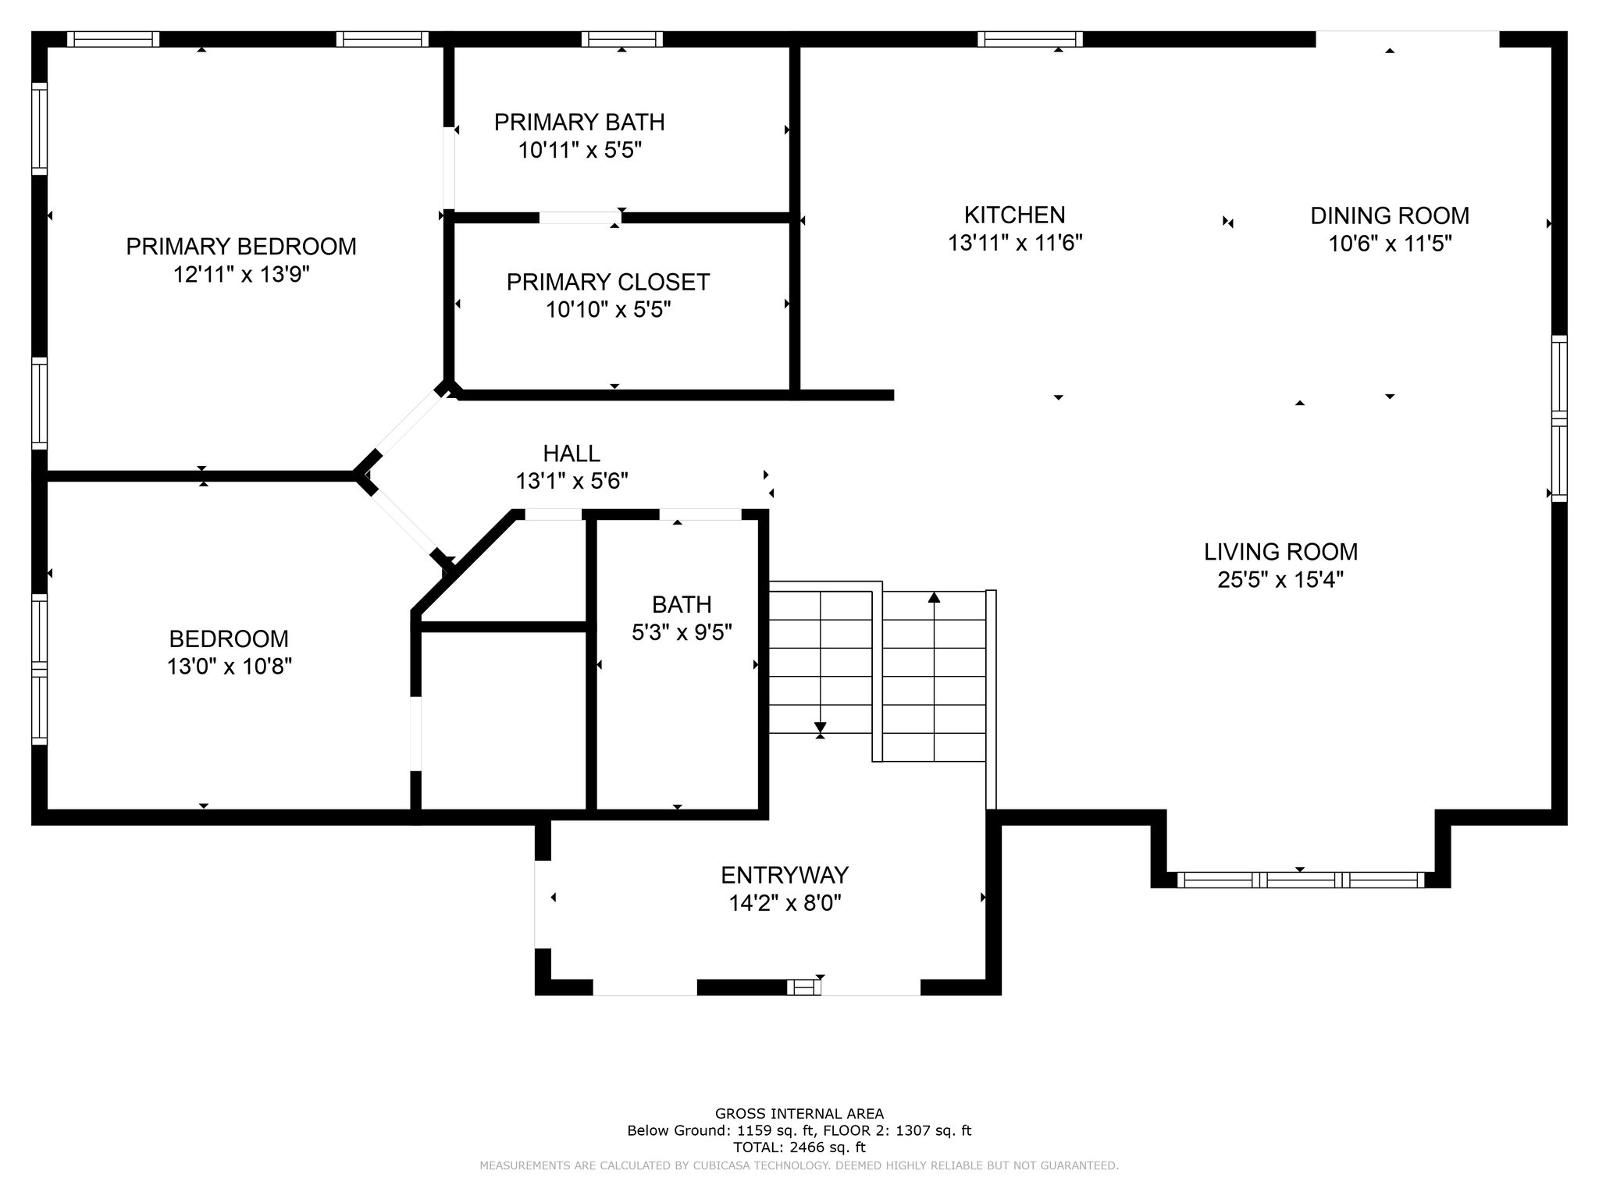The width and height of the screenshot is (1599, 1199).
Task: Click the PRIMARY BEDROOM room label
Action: point(241,247)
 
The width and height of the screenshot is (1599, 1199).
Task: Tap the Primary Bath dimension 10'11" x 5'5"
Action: point(580,150)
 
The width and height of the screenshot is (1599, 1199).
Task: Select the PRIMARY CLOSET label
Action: point(608,282)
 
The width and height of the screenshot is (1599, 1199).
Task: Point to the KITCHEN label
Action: point(1015,215)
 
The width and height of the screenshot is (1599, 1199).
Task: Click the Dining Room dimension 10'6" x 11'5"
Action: point(1390,244)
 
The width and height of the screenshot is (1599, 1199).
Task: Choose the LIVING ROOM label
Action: point(1281,552)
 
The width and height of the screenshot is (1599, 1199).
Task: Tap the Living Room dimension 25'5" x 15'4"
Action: point(1281,580)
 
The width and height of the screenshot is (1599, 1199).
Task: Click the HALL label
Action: point(572,453)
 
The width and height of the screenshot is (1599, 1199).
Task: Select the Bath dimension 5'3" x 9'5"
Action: point(682,632)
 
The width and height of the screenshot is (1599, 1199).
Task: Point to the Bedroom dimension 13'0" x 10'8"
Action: point(229,667)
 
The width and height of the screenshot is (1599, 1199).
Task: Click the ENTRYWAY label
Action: point(785,874)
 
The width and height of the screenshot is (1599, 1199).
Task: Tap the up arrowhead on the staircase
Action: point(934,597)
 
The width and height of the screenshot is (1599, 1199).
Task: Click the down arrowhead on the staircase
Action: point(820,728)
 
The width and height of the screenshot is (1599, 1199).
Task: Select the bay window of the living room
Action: point(1301,880)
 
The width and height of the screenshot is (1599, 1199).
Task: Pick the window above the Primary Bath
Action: point(622,39)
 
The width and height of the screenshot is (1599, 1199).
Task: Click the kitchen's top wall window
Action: point(1030,39)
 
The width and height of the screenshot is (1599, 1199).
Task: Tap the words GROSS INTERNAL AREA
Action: point(799,1114)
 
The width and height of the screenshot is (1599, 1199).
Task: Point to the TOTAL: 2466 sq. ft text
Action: point(799,1147)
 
